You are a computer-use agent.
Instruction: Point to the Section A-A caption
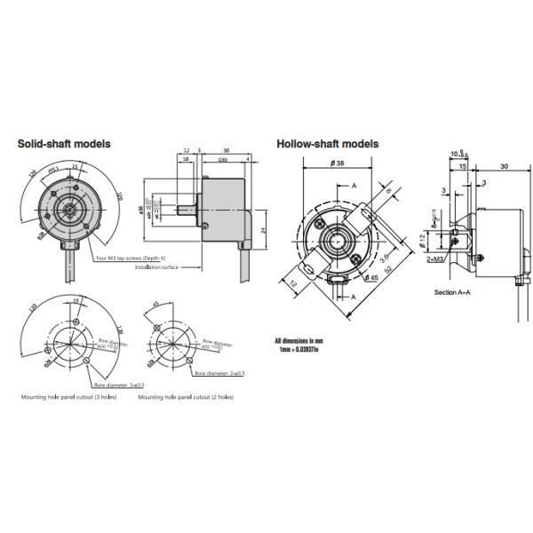tap(452, 291)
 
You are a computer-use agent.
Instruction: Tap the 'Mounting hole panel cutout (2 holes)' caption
tap(186, 397)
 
